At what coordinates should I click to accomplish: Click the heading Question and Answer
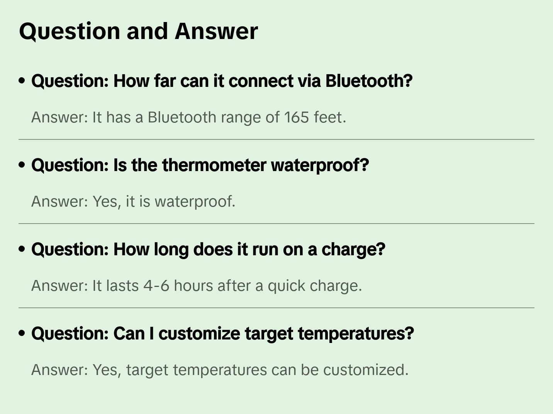point(138,31)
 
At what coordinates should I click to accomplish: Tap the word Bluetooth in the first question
point(368,81)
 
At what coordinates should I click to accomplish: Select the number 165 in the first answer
point(297,117)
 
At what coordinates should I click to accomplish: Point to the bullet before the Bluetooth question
point(22,81)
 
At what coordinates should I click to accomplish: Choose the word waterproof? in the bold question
point(320,165)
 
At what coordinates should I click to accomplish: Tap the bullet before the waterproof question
point(22,165)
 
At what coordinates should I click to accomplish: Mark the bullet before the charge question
point(22,249)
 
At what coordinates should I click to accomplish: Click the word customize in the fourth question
point(199,334)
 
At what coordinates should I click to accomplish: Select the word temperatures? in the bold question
point(356,334)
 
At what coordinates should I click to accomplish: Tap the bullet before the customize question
point(22,334)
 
